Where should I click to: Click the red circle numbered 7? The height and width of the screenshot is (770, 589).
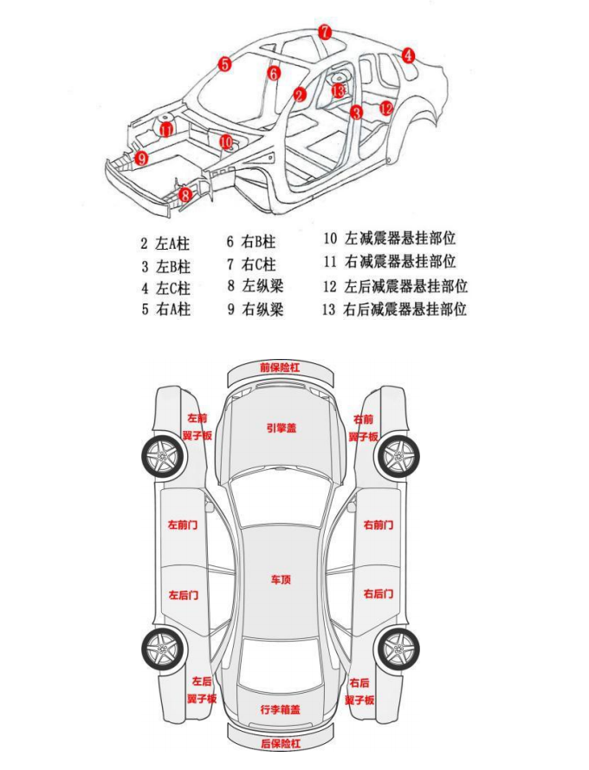324,32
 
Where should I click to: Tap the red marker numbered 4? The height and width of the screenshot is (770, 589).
408,55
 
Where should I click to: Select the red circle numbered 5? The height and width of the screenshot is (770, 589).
224,63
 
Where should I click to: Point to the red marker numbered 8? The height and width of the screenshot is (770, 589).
185,196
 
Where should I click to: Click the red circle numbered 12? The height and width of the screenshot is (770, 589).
386,108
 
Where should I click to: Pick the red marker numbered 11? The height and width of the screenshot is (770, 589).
165,130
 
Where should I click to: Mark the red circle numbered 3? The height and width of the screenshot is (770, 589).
356,111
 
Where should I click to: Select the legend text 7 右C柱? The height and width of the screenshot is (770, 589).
251,264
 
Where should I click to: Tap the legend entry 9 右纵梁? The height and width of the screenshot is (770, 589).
256,309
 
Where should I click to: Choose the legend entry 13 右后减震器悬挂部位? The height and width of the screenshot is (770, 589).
394,310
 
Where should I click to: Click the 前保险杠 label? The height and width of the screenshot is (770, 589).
280,368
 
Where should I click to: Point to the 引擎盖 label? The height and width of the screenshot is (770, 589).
281,427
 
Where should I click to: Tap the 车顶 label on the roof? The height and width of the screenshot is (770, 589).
280,577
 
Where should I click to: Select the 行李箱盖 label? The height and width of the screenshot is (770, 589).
280,708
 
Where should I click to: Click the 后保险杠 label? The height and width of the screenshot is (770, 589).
280,744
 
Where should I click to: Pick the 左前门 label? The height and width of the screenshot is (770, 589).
183,525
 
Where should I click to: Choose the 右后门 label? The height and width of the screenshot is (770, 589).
379,594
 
